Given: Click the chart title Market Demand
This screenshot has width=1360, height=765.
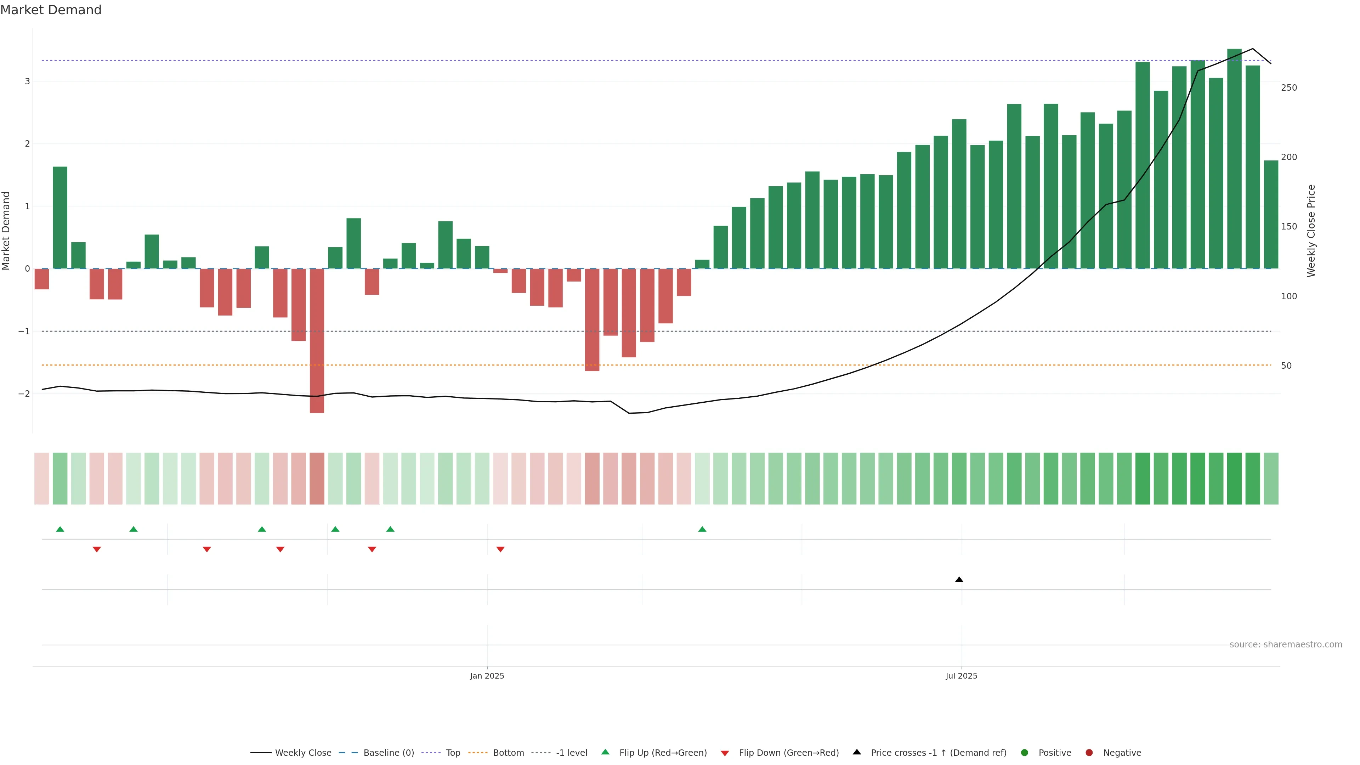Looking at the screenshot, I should point(51,10).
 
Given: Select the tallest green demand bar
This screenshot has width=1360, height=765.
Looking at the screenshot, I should point(1234,158).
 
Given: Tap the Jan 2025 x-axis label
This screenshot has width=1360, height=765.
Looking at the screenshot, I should point(487,676).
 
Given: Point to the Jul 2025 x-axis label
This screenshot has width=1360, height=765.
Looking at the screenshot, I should point(961,676).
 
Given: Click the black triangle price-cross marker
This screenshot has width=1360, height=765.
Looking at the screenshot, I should point(959,580).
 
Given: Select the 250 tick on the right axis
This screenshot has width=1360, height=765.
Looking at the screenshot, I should point(1289,87).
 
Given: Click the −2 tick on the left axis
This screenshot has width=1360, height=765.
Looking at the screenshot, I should point(24,394).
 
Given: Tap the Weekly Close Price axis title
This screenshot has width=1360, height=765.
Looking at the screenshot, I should point(1311,231).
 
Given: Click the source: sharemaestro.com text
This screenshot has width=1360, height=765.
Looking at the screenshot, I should point(1286,645).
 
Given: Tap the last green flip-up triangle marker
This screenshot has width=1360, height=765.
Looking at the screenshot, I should point(702,529).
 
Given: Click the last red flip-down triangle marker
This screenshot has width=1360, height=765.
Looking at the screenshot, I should point(500,550).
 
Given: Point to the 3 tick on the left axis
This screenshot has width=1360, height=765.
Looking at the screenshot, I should point(27,81).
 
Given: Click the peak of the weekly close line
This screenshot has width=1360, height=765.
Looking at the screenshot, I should point(1252,49).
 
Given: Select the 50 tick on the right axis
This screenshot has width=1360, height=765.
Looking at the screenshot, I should point(1286,366).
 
